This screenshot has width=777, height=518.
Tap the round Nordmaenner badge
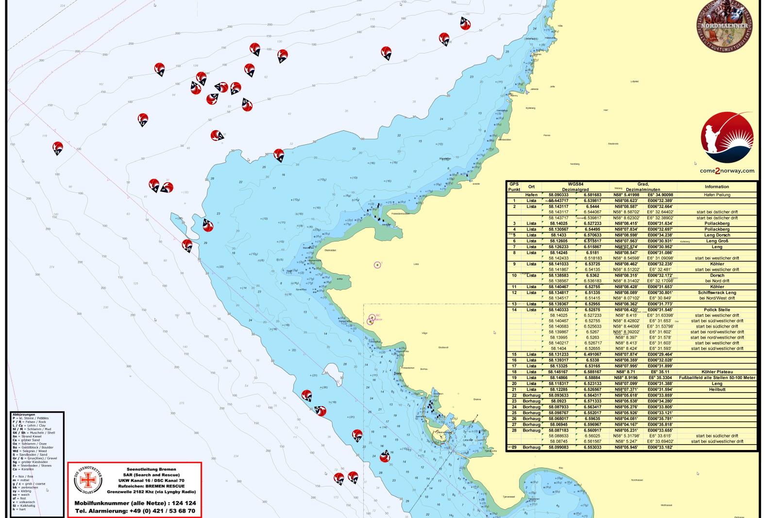tap(726, 24)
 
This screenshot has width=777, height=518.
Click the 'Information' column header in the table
tap(717, 187)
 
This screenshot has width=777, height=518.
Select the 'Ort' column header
tap(531, 187)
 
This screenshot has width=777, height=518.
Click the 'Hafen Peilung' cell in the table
tap(717, 195)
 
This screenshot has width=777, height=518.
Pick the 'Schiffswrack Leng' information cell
tap(717, 293)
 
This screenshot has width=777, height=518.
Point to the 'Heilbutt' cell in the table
tap(717, 389)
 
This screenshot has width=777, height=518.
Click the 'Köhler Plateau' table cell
tap(717, 372)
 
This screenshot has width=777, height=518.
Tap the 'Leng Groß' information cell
tap(717, 241)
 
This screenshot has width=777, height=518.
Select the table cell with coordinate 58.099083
tap(558, 447)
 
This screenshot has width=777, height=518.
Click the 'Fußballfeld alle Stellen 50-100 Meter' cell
tap(717, 378)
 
